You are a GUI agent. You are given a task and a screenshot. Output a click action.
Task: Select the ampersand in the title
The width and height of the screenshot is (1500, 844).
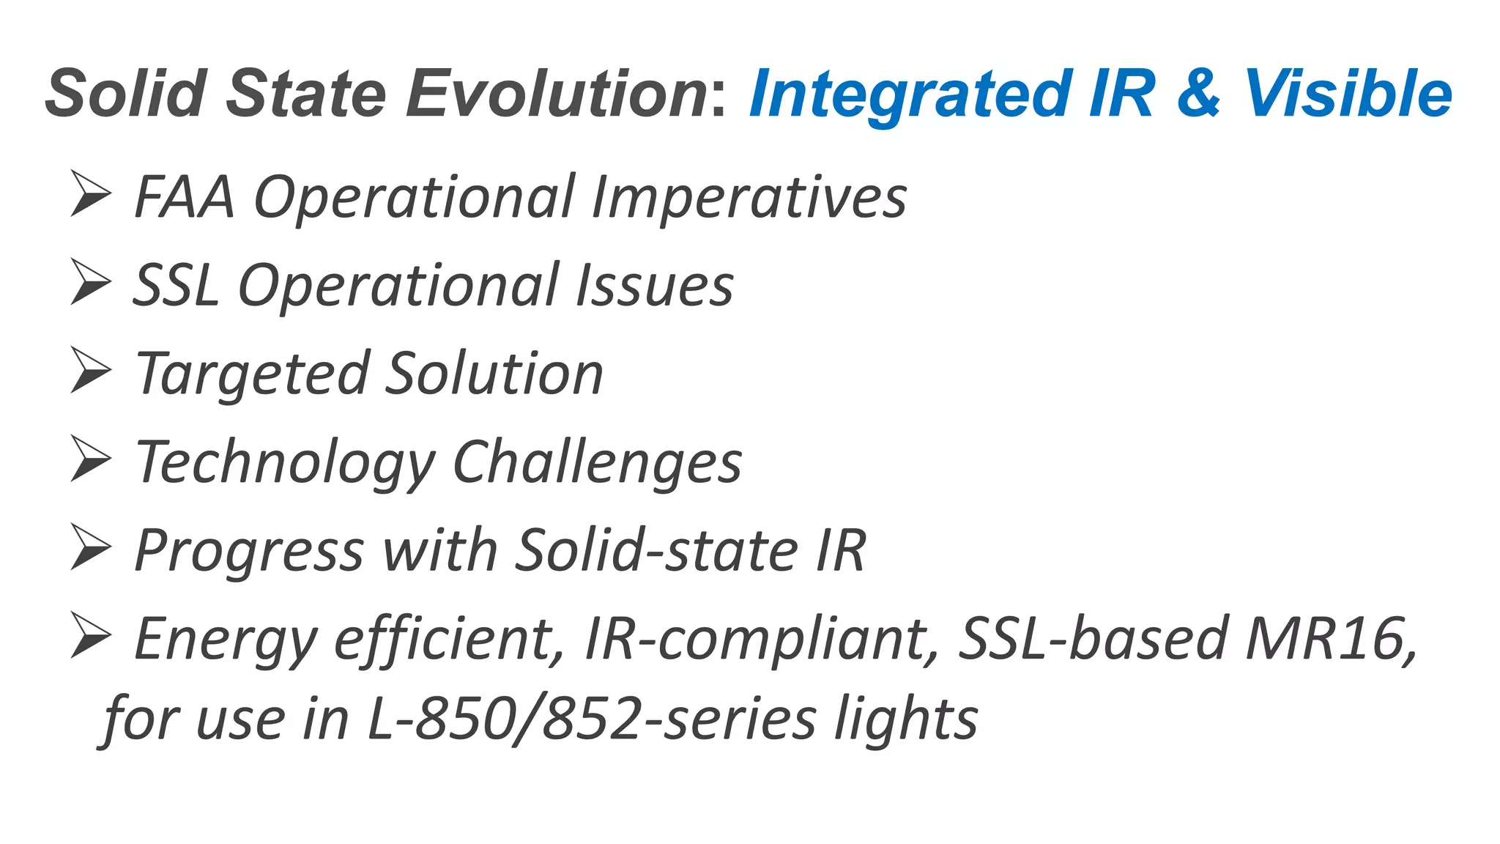coord(1199,94)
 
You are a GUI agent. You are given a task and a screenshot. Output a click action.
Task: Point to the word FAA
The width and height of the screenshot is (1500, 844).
coord(185,197)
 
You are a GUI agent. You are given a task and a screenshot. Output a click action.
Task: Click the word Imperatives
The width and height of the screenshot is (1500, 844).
coord(749,199)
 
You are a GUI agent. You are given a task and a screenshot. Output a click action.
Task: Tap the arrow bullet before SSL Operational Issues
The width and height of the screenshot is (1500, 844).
coord(91,281)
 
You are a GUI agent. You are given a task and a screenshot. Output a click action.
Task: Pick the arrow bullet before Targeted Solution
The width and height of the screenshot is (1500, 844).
coord(91,370)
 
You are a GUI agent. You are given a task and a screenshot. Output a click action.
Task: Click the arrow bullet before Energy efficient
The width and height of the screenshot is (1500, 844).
coord(91,635)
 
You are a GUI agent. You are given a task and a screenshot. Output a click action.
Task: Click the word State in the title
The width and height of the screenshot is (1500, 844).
coord(306,94)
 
